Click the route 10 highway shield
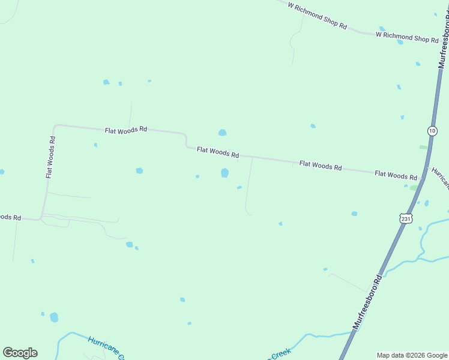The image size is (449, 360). (432, 130)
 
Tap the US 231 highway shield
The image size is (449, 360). (407, 218)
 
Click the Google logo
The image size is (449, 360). (20, 352)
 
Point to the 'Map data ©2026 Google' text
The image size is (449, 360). (411, 355)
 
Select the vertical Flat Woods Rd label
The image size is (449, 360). (51, 157)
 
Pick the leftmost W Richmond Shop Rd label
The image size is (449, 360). (317, 16)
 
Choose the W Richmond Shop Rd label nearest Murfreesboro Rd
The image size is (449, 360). (407, 37)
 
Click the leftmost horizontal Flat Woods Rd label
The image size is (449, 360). (126, 130)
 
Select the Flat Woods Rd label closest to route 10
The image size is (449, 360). (396, 175)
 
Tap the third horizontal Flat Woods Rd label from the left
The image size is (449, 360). (321, 165)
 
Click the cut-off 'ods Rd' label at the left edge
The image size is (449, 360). (10, 217)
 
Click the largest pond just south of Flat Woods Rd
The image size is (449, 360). (224, 173)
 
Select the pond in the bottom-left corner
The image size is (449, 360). (54, 317)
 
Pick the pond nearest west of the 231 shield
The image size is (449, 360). (354, 214)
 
